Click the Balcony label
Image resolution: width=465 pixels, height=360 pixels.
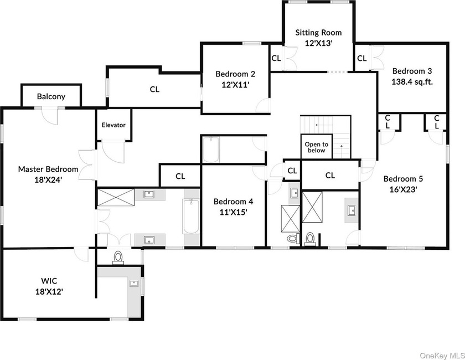[x=51, y=96]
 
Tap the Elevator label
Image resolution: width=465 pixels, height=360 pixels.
[x=113, y=125]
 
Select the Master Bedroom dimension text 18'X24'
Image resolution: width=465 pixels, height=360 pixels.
[x=48, y=179]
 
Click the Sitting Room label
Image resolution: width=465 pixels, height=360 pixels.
[x=318, y=33]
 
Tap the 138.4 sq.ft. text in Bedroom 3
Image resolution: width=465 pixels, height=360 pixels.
[x=412, y=81]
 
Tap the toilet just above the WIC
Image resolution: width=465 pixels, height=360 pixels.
[x=117, y=257]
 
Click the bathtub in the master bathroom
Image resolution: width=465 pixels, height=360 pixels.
[x=190, y=217]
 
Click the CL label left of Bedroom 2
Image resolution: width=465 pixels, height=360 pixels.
[x=154, y=89]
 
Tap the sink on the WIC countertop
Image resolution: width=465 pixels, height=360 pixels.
[x=134, y=284]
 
